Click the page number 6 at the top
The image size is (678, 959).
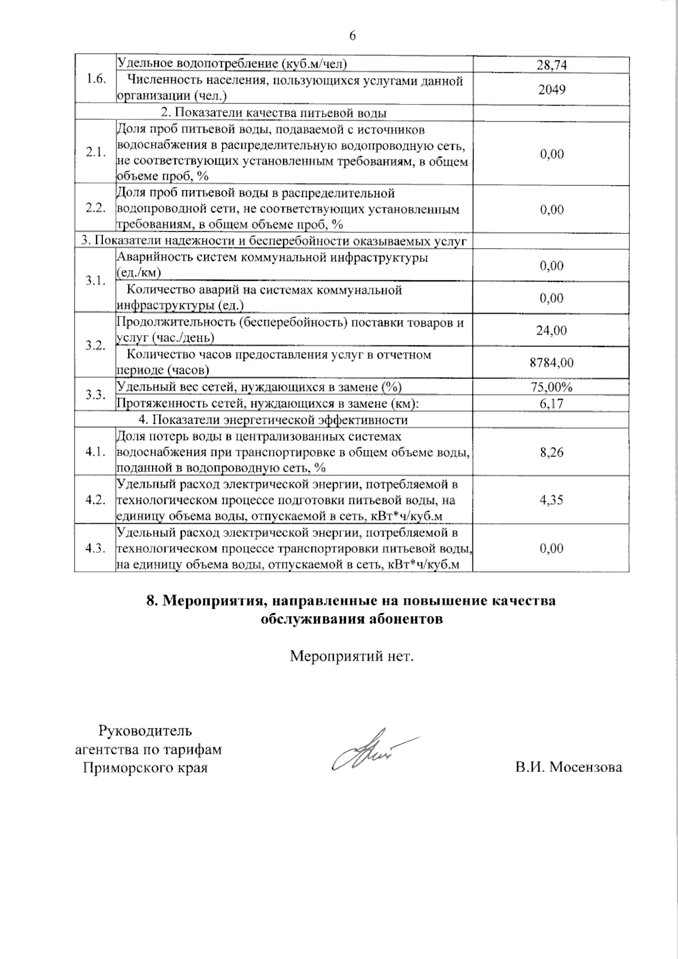[x=353, y=36]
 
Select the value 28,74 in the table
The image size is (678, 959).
[x=551, y=65]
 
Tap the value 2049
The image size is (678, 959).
[x=551, y=89]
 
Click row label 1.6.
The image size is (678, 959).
[x=95, y=79]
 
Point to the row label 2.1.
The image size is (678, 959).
[x=95, y=153]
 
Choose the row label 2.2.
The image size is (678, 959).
[x=95, y=208]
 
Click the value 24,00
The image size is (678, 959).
[x=551, y=331]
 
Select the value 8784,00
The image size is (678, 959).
[x=551, y=363]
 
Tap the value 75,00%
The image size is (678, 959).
[x=551, y=388]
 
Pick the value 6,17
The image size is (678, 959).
[x=551, y=403]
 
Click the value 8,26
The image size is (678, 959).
[x=551, y=452]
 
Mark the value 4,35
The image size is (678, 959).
[x=551, y=500]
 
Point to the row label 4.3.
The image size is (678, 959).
[x=95, y=548]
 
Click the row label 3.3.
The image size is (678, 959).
[x=95, y=394]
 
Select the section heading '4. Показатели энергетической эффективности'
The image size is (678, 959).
[x=273, y=420]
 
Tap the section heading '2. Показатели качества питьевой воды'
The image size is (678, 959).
[x=273, y=113]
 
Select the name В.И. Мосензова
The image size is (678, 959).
[x=568, y=767]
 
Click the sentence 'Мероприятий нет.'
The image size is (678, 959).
[x=352, y=657]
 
